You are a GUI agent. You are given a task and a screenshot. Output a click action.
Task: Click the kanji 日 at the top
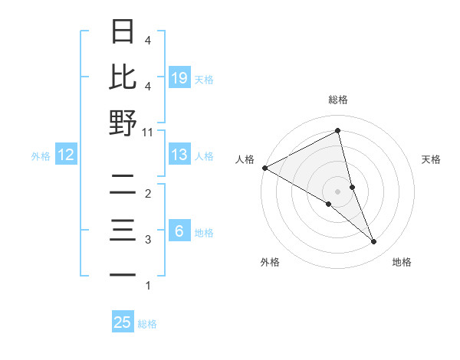click(x=123, y=32)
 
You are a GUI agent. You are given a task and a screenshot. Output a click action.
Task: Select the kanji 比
click(x=123, y=77)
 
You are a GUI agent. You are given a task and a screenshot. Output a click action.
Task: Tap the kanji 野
click(x=123, y=123)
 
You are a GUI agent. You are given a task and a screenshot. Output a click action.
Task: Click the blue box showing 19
click(x=179, y=78)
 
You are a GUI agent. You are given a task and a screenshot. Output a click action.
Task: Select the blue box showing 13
click(x=179, y=155)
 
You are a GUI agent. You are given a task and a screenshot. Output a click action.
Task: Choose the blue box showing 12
click(x=65, y=155)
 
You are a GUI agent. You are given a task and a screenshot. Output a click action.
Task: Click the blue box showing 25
click(x=123, y=322)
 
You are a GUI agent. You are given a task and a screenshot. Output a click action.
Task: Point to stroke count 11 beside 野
click(x=148, y=132)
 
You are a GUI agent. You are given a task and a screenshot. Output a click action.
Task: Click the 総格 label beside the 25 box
click(x=147, y=324)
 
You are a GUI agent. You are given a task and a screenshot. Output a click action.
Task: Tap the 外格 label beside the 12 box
click(x=41, y=156)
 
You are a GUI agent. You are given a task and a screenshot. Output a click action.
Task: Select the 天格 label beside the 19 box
click(x=204, y=80)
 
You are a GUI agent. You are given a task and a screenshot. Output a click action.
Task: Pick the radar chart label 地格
click(x=402, y=262)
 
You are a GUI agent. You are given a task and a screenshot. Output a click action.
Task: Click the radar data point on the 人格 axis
click(x=264, y=168)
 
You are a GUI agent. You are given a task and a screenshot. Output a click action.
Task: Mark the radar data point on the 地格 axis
click(x=374, y=241)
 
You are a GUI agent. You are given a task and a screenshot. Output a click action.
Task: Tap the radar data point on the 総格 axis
click(x=338, y=131)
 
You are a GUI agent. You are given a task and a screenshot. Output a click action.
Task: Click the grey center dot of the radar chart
click(x=338, y=191)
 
